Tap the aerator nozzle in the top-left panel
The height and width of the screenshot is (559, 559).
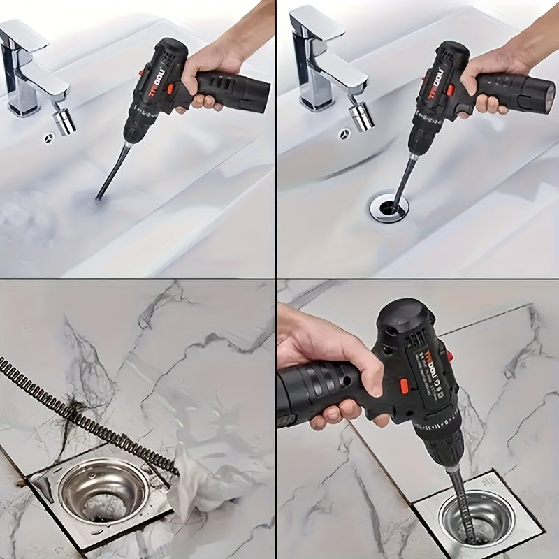pyautogui.click(x=65, y=119)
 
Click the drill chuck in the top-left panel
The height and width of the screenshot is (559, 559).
pyautogui.click(x=135, y=126)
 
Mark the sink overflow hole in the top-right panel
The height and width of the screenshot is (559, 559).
pyautogui.click(x=344, y=134)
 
